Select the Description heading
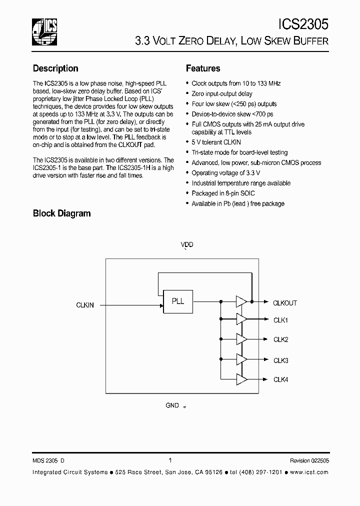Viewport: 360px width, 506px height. pyautogui.click(x=55, y=68)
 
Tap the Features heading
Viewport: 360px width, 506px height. pyautogui.click(x=203, y=68)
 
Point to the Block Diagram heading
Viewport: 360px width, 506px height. pyautogui.click(x=61, y=213)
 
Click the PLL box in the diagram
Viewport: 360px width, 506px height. pyautogui.click(x=178, y=301)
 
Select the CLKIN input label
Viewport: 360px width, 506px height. pyautogui.click(x=85, y=304)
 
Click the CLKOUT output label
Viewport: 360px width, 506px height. pyautogui.click(x=285, y=303)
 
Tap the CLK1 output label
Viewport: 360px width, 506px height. pyautogui.click(x=280, y=320)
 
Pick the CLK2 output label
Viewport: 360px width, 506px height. pyautogui.click(x=280, y=339)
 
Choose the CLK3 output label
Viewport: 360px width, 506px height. pyautogui.click(x=280, y=360)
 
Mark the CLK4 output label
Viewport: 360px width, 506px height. pyautogui.click(x=280, y=379)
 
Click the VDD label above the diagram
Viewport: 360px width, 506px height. pyautogui.click(x=187, y=245)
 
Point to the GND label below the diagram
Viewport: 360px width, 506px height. pyautogui.click(x=172, y=405)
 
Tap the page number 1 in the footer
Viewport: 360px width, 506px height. pyautogui.click(x=170, y=460)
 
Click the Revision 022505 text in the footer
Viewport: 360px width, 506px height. pyautogui.click(x=309, y=461)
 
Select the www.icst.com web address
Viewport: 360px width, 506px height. pyautogui.click(x=309, y=472)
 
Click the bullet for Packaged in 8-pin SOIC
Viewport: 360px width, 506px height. pyautogui.click(x=187, y=193)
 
